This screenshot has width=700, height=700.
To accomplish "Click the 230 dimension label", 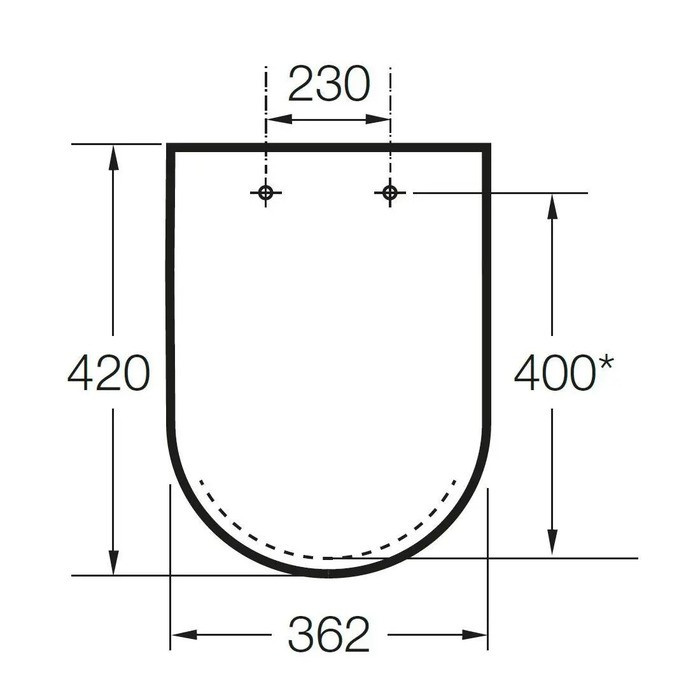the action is tap(329, 84).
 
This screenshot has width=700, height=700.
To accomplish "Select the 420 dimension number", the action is tap(108, 373).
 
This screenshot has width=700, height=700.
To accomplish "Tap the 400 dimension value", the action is tap(555, 373).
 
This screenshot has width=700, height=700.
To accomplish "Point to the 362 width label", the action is tap(329, 634).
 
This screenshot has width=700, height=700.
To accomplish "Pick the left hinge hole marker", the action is tap(266, 193).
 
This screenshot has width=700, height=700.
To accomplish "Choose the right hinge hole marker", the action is tap(390, 193).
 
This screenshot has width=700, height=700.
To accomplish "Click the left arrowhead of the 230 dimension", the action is tap(279, 119).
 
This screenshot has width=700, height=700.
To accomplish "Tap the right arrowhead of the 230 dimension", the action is tap(378, 119).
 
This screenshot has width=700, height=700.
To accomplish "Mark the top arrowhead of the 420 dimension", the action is tap(113, 157).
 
